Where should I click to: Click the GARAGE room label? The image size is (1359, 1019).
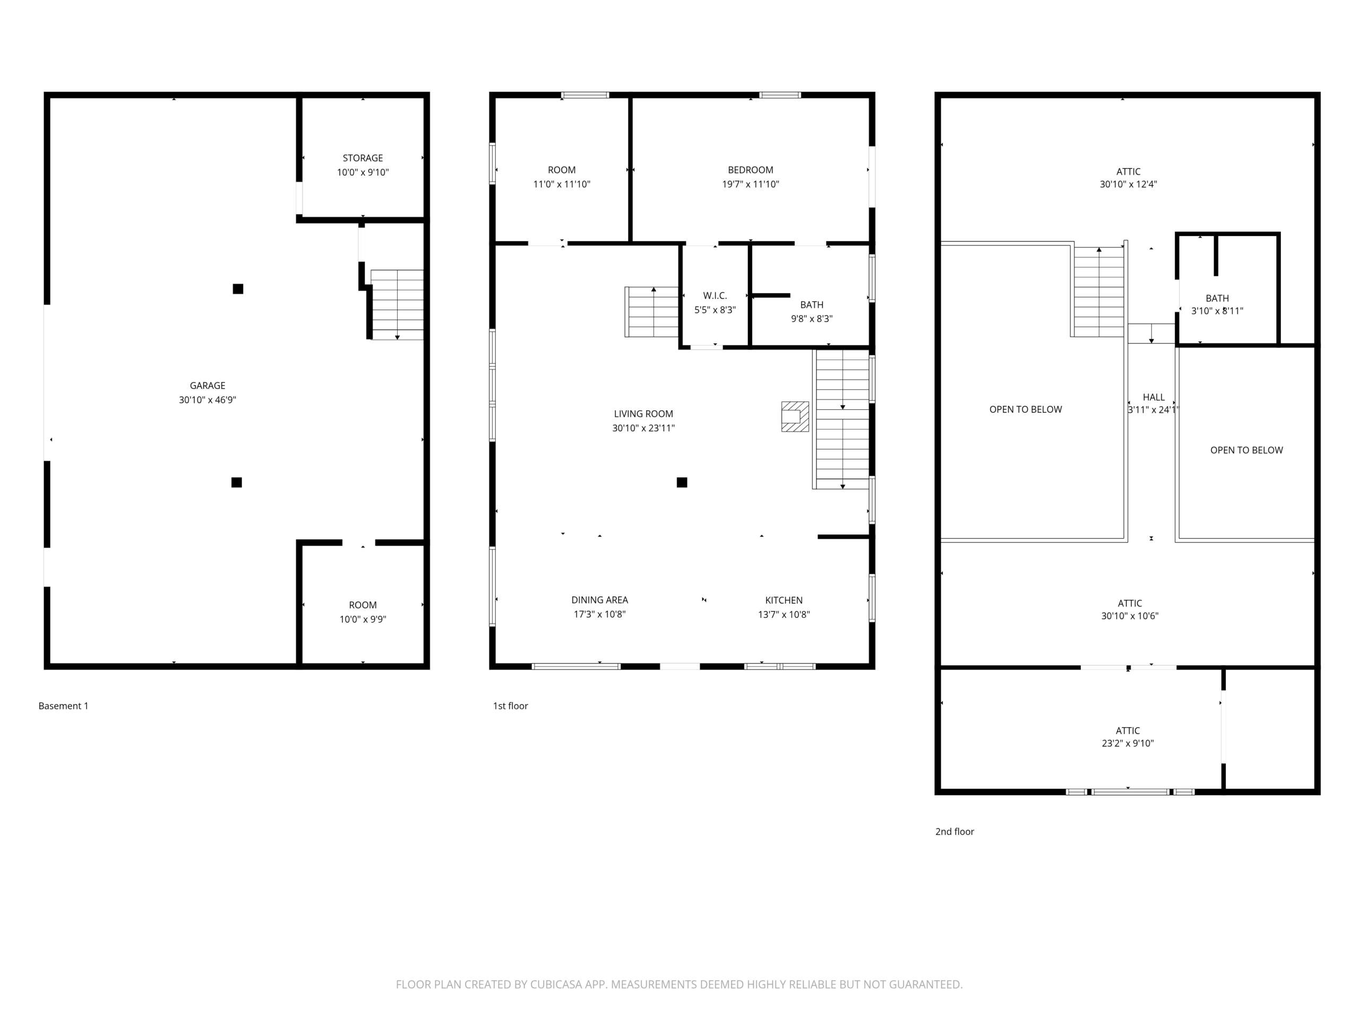(x=207, y=386)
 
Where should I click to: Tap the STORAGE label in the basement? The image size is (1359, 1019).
(x=363, y=158)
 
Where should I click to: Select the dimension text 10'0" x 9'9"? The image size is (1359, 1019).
(x=363, y=619)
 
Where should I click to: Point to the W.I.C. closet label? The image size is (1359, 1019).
(x=715, y=296)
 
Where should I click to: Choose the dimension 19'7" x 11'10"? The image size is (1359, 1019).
(x=750, y=184)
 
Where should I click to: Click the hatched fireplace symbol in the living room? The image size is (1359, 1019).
(x=794, y=417)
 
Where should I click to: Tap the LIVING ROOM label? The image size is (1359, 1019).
(x=643, y=414)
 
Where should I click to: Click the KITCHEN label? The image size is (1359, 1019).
(x=784, y=600)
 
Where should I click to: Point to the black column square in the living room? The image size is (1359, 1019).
(x=681, y=482)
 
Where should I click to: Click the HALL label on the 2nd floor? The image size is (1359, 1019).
(x=1153, y=398)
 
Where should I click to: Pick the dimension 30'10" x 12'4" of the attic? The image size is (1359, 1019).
(x=1128, y=184)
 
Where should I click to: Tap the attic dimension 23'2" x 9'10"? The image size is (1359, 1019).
(x=1128, y=743)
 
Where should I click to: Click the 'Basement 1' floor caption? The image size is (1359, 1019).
(x=63, y=706)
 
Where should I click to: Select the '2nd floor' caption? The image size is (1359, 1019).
(x=954, y=831)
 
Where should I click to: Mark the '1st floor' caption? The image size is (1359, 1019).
(x=510, y=706)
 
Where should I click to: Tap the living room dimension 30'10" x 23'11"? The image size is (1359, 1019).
(x=643, y=428)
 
